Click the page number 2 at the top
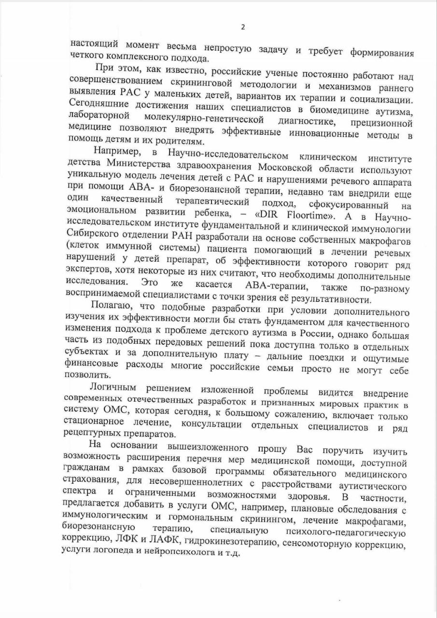click(x=243, y=27)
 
